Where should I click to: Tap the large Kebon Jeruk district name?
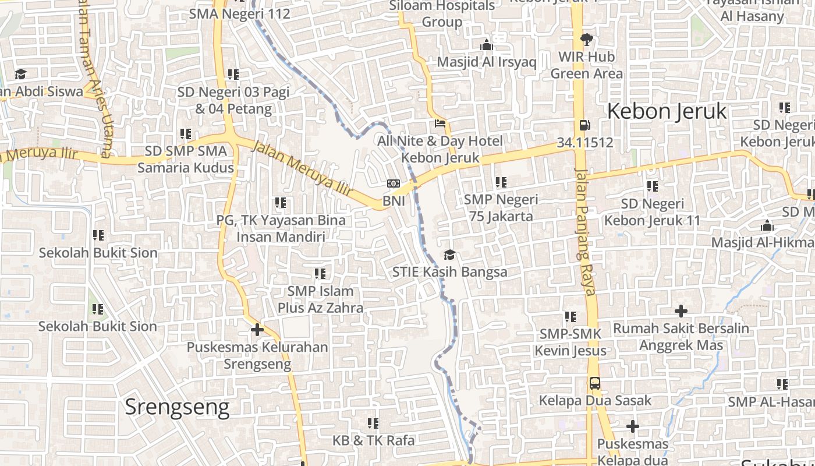[667, 111]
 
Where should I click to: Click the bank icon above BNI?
[394, 184]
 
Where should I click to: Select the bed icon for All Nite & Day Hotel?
[440, 123]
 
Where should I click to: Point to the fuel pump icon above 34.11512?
[584, 125]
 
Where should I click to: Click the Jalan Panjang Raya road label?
[584, 231]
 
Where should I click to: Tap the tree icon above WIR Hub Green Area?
[586, 40]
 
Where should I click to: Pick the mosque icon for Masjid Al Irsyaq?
[487, 45]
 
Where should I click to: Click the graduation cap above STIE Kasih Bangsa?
[449, 255]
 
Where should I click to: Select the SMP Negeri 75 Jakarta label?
[501, 208]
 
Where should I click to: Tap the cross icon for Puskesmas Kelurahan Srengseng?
[257, 330]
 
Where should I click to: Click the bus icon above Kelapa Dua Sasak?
[594, 383]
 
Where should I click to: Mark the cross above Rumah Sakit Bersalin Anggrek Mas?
[681, 311]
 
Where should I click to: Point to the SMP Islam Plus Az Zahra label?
[320, 299]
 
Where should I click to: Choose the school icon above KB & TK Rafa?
[373, 423]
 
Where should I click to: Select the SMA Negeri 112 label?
[239, 13]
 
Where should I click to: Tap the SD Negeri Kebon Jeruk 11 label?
[652, 212]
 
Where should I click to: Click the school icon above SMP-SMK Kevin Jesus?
[570, 317]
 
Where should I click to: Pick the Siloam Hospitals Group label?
[442, 14]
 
